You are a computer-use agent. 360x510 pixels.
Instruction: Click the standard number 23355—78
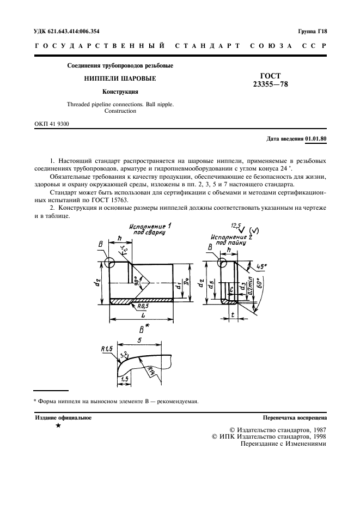[271, 84]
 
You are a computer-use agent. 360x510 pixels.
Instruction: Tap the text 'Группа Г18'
[312, 31]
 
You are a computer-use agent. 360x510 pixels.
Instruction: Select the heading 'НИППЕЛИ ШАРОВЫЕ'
[120, 78]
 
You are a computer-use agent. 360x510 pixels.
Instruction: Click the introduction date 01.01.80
[316, 139]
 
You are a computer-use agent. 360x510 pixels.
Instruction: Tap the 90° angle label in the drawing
[137, 282]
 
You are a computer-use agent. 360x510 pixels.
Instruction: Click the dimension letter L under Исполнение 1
[142, 317]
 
